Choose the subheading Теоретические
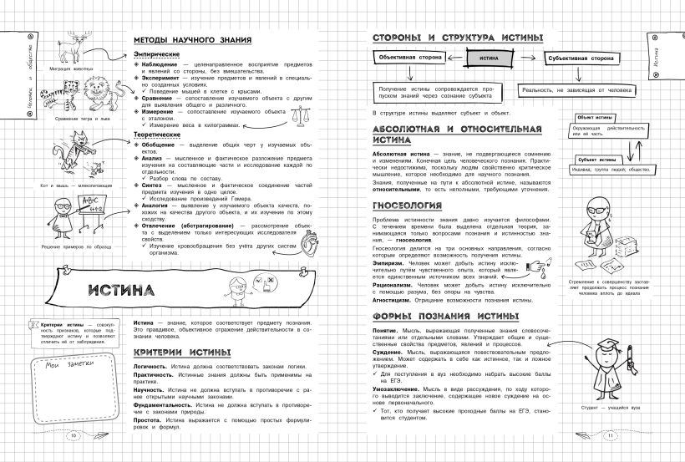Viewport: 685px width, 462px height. click(160, 132)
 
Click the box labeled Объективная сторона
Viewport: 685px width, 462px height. click(404, 59)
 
